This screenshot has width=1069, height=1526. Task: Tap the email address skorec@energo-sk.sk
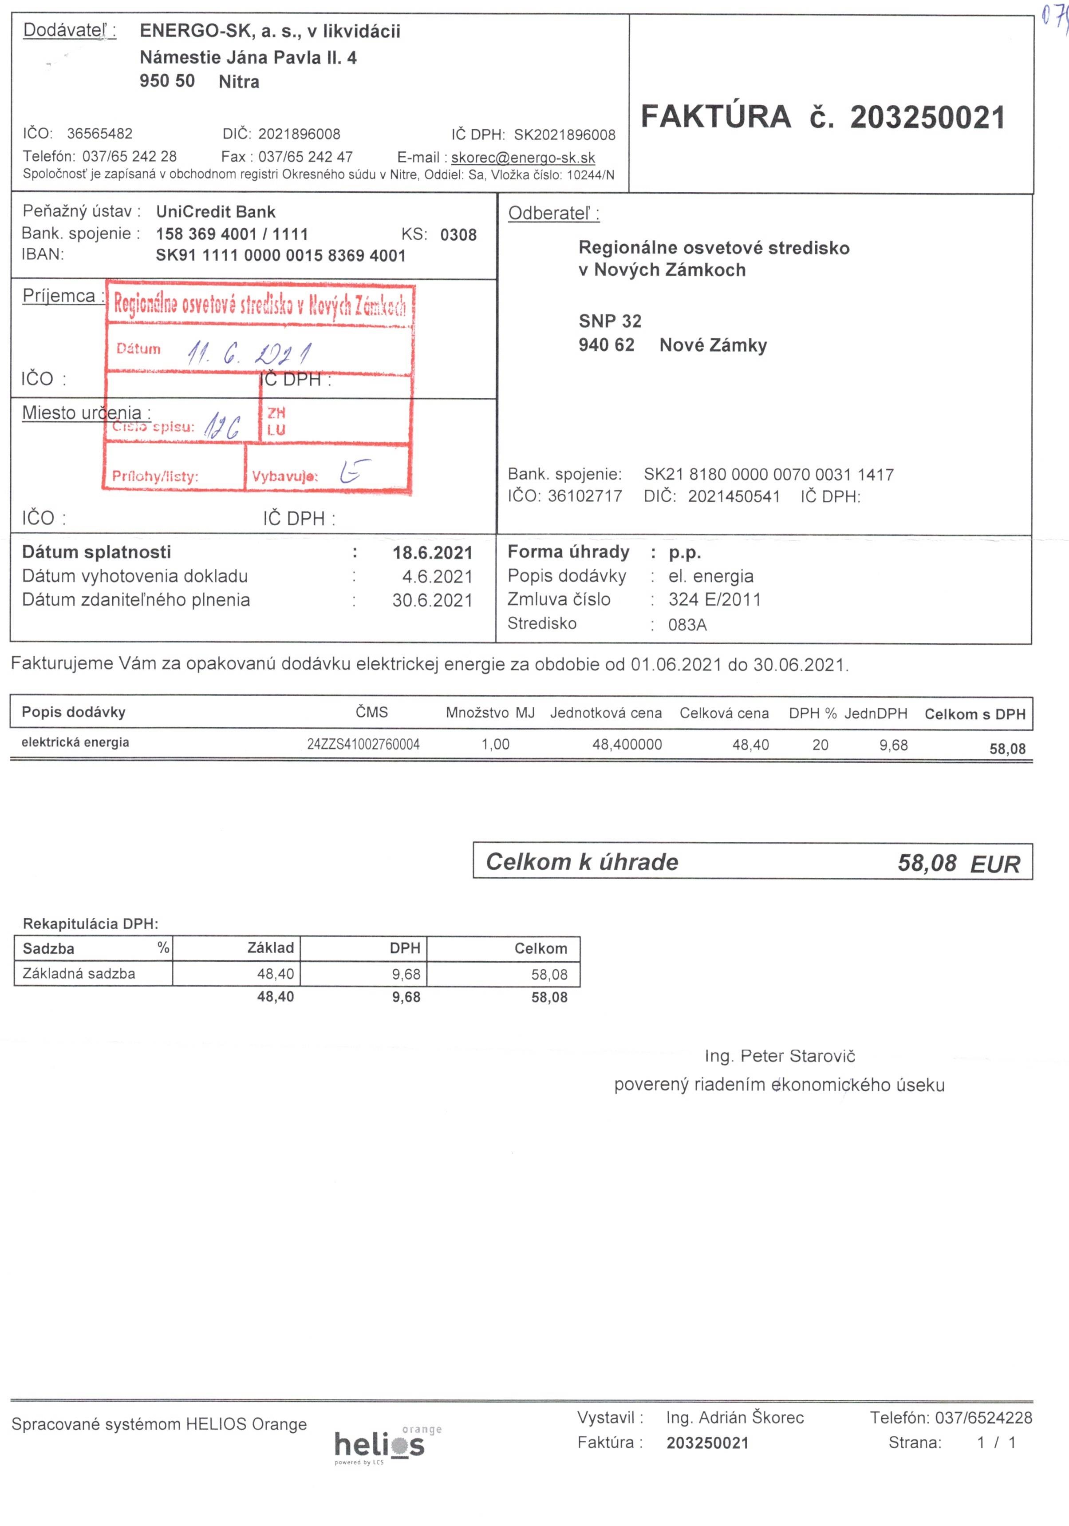click(x=523, y=158)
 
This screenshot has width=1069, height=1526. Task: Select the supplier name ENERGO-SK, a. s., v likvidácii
click(x=270, y=31)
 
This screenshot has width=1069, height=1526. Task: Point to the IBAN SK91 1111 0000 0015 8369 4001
click(x=280, y=256)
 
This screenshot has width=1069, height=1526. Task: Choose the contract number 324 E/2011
click(x=714, y=599)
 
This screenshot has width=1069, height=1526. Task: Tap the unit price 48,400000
click(x=627, y=745)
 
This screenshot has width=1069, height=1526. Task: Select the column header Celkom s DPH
click(x=974, y=714)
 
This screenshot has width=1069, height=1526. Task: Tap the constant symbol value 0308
click(x=458, y=234)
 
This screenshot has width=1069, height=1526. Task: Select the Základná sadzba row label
click(x=79, y=974)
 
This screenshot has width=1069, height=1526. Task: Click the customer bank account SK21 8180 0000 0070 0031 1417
click(x=769, y=475)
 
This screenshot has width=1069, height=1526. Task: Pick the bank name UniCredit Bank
click(x=215, y=212)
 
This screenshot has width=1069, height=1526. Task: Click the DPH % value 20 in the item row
click(x=820, y=745)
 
